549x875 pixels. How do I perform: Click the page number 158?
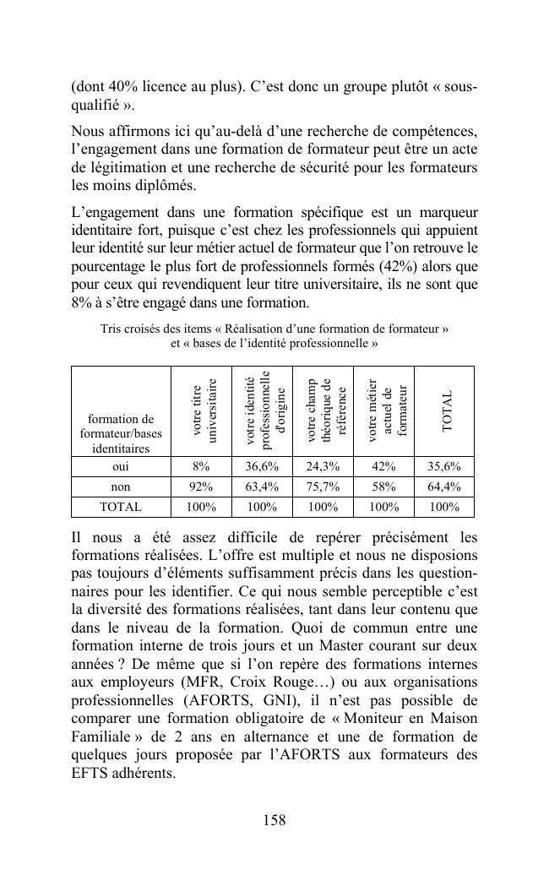pos(274,820)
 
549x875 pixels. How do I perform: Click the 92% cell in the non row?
pos(201,486)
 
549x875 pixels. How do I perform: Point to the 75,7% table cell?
pos(323,486)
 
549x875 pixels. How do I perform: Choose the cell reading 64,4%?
pos(444,486)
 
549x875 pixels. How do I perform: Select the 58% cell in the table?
pos(383,486)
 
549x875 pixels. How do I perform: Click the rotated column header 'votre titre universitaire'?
pos(201,410)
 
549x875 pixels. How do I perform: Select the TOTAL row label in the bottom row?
pos(121,508)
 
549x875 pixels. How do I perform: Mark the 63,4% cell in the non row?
pos(262,486)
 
